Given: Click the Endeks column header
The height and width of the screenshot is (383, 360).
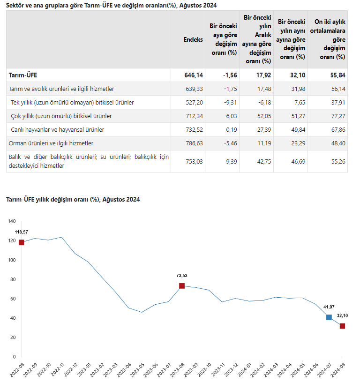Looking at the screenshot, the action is coord(193,39).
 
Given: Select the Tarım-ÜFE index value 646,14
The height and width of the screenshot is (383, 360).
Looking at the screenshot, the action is coord(194,75).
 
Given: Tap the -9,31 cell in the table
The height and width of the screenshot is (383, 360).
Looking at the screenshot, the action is coord(230,103).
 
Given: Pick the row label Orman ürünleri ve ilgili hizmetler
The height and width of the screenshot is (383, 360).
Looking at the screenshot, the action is coord(51,143).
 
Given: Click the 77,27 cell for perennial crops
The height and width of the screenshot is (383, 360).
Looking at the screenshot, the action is coord(338,116).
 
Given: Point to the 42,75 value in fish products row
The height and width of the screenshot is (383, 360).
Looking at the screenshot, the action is coord(264,162).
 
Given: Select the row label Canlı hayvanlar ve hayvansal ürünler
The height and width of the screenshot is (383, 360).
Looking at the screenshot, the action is coord(57,130).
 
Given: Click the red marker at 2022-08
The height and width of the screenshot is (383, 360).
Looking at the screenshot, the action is coord(22,242).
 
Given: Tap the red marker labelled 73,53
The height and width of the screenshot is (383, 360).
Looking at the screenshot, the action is coord(182,286).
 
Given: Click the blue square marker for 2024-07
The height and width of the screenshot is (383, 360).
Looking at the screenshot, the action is coord(329,317).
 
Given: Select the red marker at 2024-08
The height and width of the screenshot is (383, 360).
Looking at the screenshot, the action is coord(342,326).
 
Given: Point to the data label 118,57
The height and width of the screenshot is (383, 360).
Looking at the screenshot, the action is coord(22,232).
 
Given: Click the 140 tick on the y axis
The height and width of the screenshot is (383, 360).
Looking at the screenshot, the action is coord(12,221).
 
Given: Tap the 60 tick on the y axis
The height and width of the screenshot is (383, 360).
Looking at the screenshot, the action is coord(13,299).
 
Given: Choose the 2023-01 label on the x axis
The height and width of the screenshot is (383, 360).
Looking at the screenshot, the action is coord(84,369).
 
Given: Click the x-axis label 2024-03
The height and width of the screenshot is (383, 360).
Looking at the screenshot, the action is coord(271,369).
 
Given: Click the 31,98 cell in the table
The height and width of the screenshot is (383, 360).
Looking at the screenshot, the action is coord(298,89).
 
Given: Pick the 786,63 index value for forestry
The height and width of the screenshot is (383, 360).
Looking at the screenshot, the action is coord(194,143).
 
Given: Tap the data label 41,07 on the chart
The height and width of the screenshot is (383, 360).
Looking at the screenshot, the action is coord(329,307).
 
